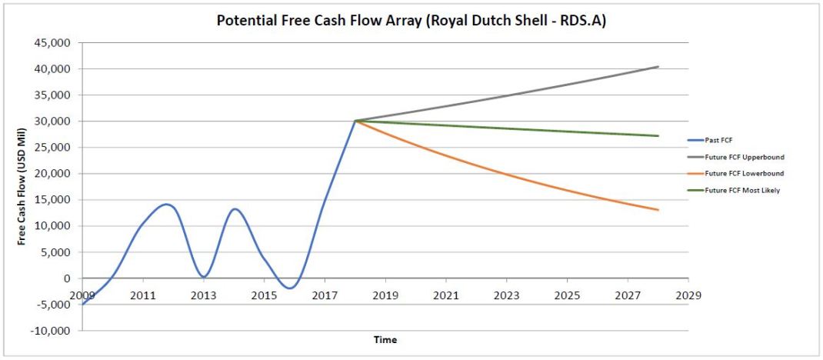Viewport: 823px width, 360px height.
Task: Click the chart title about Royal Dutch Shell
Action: pos(411,21)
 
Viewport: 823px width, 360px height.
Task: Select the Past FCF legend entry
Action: pos(720,140)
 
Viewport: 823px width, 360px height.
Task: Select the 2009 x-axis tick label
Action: pos(82,295)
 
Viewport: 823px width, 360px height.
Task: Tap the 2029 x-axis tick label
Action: pos(688,295)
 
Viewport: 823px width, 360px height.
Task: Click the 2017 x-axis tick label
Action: pos(325,295)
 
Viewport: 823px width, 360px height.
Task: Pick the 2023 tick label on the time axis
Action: pos(506,295)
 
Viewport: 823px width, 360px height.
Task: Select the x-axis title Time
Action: pos(385,339)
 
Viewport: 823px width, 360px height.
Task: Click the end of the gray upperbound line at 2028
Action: pos(658,67)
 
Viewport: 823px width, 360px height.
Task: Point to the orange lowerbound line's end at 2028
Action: pos(658,210)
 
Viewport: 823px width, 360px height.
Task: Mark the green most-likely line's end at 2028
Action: pos(658,136)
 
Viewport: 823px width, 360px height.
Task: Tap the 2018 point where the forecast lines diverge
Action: pos(355,121)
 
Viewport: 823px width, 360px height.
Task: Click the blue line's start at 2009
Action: pos(82,305)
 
